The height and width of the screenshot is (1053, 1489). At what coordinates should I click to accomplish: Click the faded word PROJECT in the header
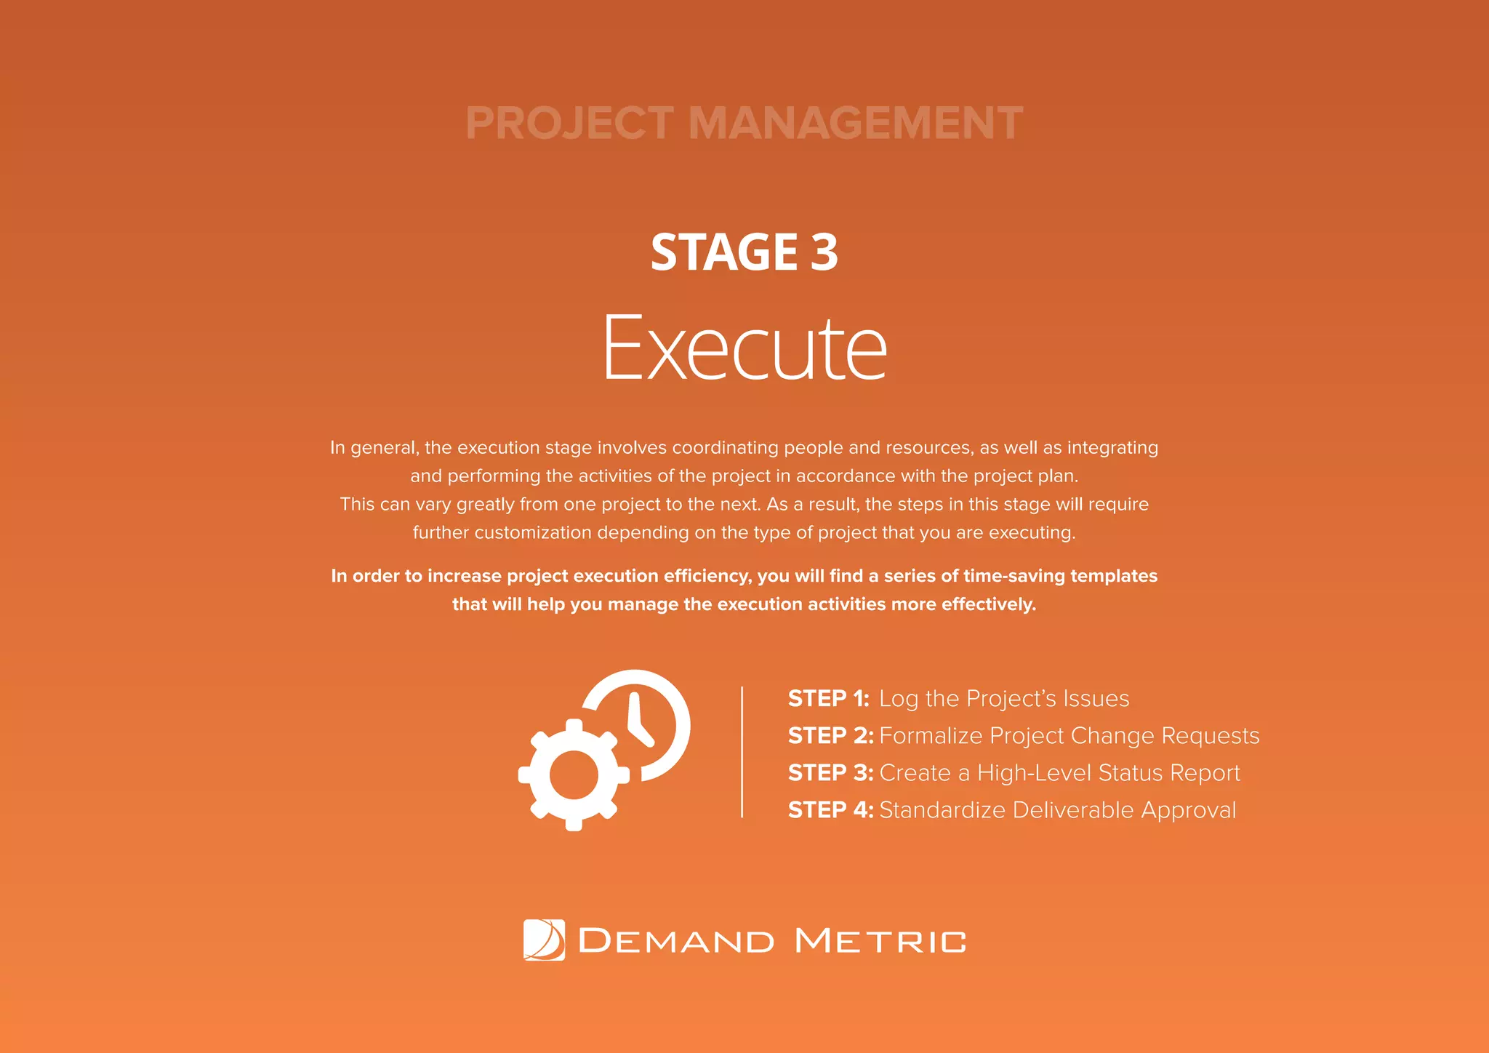(569, 123)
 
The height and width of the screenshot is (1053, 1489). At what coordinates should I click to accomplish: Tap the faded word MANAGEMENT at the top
(855, 123)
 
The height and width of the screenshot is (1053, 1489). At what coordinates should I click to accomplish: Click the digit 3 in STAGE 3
(824, 252)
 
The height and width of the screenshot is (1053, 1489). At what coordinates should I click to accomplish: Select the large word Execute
(744, 348)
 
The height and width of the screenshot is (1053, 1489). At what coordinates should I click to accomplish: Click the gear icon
(574, 775)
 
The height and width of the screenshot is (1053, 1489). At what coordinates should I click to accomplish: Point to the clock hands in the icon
(638, 721)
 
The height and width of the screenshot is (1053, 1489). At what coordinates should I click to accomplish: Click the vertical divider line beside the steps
(742, 752)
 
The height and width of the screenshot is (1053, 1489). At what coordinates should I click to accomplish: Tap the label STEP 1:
(829, 699)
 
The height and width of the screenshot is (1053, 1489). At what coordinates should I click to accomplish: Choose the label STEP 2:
(830, 736)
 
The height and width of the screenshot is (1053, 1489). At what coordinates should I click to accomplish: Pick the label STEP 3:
(830, 773)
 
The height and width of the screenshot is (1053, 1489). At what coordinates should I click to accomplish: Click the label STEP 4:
(830, 810)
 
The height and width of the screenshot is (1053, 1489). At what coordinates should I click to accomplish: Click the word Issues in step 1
(1096, 699)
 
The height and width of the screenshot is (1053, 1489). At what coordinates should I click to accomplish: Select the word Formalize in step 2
(931, 736)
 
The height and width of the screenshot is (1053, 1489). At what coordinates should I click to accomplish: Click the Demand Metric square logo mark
(544, 940)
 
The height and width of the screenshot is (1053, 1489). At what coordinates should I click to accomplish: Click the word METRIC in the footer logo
(880, 941)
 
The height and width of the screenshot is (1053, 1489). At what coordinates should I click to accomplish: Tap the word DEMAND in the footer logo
(676, 941)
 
